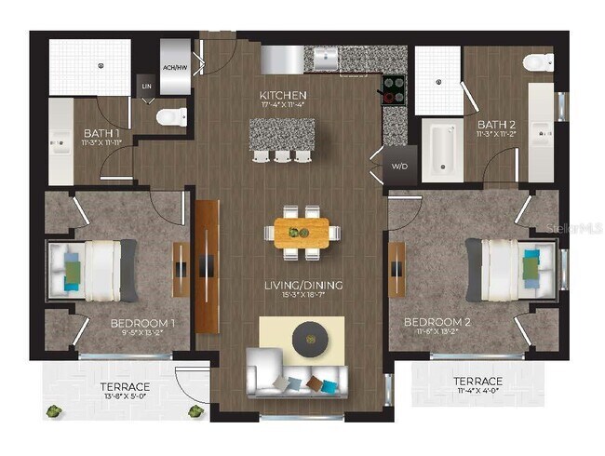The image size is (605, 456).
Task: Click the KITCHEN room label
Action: tap(283, 96)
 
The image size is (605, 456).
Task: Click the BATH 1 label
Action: tap(99, 132)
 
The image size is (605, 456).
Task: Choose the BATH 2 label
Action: tap(491, 123)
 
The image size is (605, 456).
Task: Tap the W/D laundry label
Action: tap(399, 167)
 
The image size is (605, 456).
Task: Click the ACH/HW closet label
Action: tap(175, 67)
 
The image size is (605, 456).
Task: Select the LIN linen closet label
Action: tap(146, 86)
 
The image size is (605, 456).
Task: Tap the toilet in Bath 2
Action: tap(537, 63)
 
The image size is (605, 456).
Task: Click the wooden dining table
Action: tap(302, 232)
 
